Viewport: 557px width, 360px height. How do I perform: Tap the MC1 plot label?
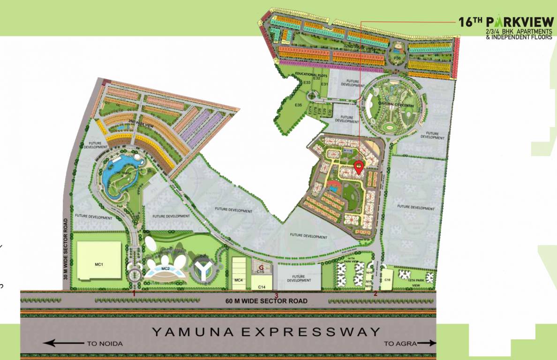click(x=99, y=264)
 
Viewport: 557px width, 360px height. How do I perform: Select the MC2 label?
click(x=165, y=269)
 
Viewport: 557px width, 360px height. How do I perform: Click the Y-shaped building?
click(x=203, y=269)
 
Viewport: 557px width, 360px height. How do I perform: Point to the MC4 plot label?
click(x=238, y=280)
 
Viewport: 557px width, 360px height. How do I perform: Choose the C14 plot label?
click(x=262, y=286)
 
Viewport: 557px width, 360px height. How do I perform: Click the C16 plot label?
click(x=387, y=280)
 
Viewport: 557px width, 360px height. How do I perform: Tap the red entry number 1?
click(x=134, y=293)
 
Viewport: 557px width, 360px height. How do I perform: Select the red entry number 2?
click(x=376, y=294)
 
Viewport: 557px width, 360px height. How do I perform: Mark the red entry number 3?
click(x=277, y=295)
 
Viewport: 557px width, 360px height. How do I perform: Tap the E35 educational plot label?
click(x=299, y=105)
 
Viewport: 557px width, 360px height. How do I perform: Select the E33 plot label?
click(x=307, y=83)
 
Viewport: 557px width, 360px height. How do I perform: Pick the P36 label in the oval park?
click(x=397, y=57)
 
